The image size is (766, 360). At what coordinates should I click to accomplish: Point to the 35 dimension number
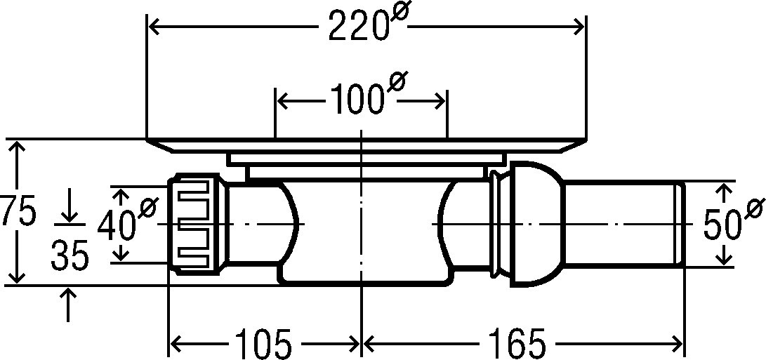[x=70, y=256]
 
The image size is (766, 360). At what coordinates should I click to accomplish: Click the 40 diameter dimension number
[x=117, y=226]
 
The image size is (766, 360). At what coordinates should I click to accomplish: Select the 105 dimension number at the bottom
[x=264, y=344]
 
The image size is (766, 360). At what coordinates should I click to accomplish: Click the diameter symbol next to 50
[x=754, y=208]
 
